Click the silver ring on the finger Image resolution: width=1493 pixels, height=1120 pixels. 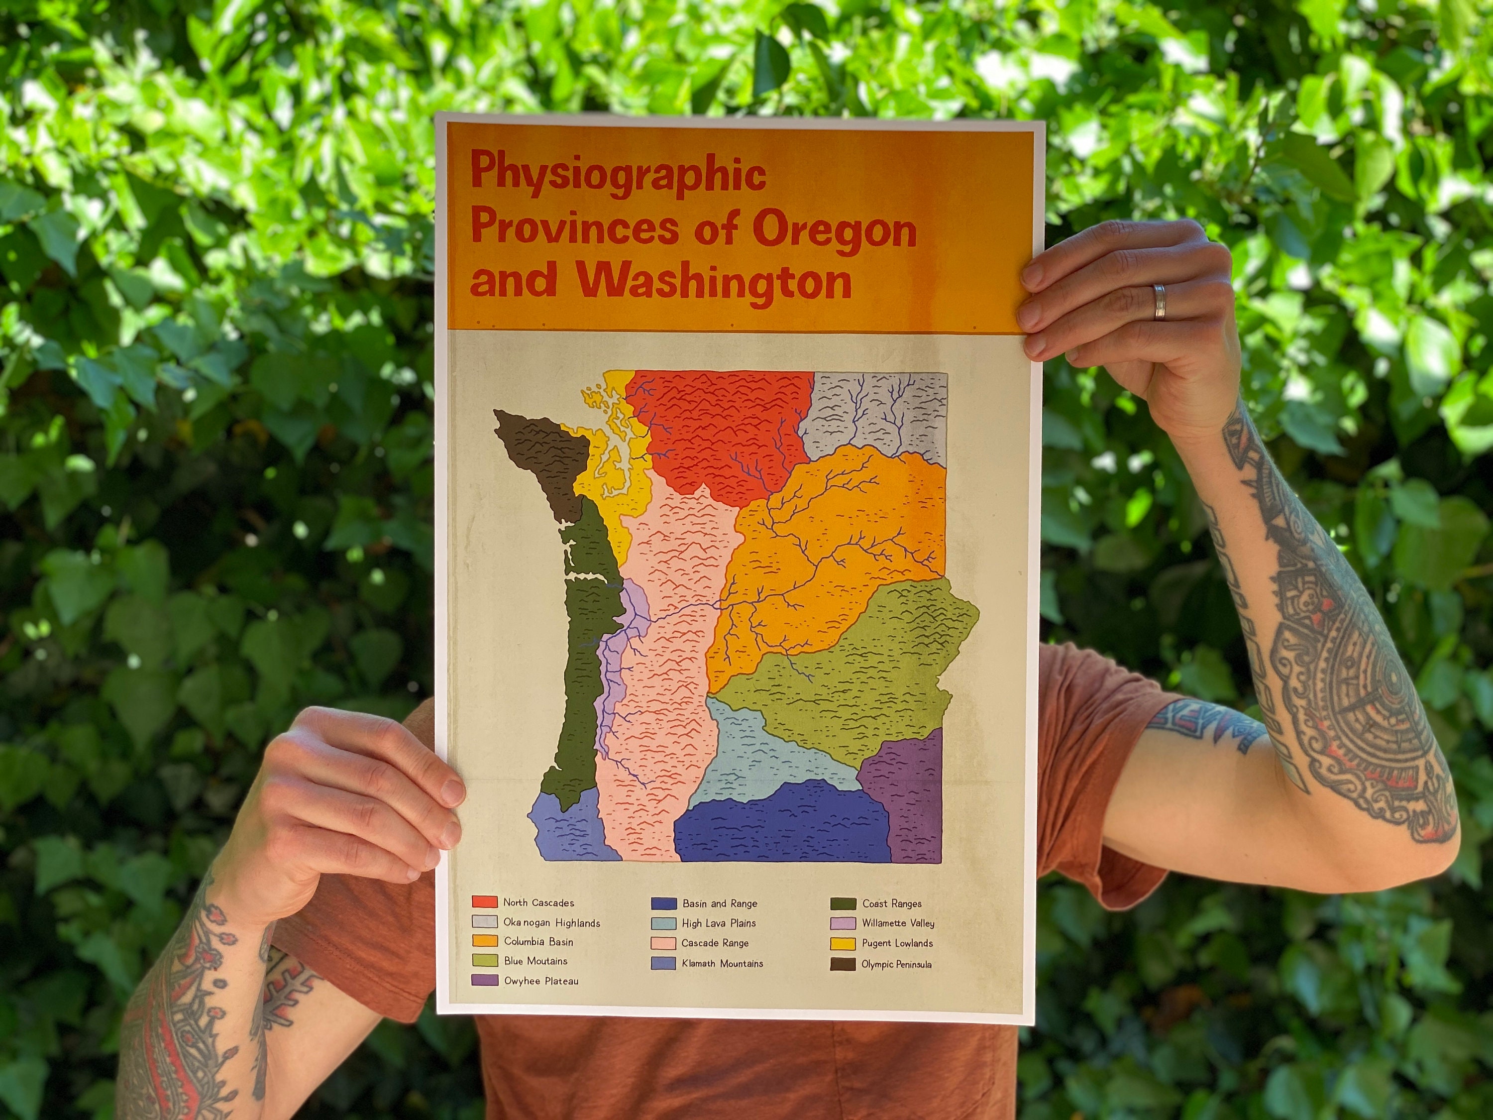tap(1159, 301)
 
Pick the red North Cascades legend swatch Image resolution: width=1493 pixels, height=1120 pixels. tap(485, 902)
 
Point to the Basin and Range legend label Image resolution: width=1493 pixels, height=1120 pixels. tap(720, 903)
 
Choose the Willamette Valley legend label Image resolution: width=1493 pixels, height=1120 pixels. tap(898, 923)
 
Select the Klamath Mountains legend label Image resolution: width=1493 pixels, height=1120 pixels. tap(722, 963)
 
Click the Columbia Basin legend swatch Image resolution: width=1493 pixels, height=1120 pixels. tap(485, 941)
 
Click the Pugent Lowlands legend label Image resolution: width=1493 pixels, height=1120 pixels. tap(897, 943)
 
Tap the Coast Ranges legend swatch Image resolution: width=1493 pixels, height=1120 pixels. tap(843, 903)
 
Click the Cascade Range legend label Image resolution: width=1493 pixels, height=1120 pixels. tap(715, 943)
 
